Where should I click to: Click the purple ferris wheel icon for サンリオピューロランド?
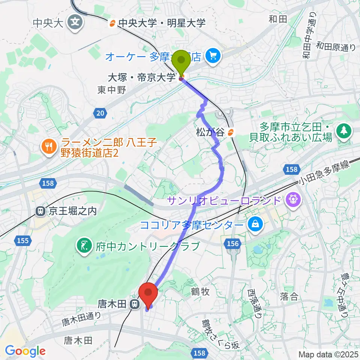pyautogui.click(x=292, y=200)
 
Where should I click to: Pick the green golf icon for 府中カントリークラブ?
pyautogui.click(x=83, y=246)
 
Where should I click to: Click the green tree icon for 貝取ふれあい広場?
pyautogui.click(x=342, y=130)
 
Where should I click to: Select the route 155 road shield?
pyautogui.click(x=22, y=240)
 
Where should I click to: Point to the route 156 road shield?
pyautogui.click(x=232, y=244)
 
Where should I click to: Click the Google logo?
pyautogui.click(x=25, y=351)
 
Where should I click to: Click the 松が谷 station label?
pyautogui.click(x=212, y=132)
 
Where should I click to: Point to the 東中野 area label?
pyautogui.click(x=112, y=90)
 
